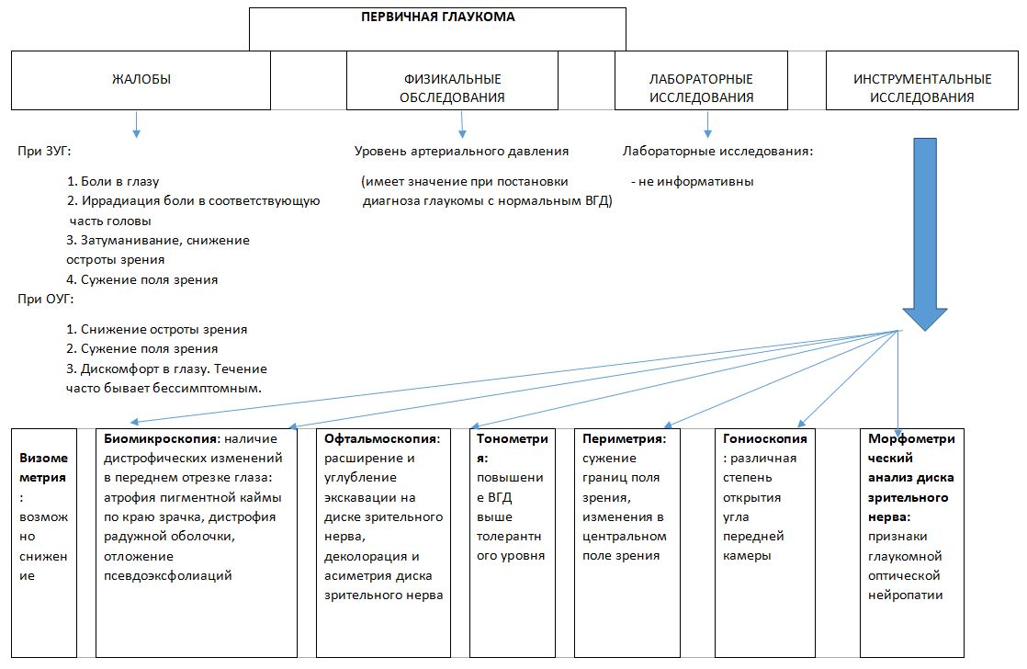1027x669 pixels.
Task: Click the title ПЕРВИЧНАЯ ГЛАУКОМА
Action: (x=437, y=17)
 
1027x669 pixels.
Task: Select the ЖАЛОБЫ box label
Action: (x=141, y=80)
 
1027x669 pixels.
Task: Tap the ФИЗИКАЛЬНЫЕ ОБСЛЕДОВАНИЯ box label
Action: (x=453, y=88)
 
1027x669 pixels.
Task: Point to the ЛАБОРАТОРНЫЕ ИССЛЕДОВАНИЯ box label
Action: (x=701, y=88)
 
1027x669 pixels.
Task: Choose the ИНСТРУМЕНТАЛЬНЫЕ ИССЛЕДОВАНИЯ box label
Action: (x=922, y=88)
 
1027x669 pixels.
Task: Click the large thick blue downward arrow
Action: (x=925, y=230)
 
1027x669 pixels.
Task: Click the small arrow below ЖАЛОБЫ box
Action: (x=136, y=124)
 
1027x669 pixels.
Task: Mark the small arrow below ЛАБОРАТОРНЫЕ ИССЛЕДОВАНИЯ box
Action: (x=707, y=124)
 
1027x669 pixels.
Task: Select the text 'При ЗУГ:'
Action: (x=42, y=151)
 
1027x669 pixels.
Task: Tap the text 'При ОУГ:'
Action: (x=42, y=299)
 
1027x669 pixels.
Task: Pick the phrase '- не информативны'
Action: (x=692, y=181)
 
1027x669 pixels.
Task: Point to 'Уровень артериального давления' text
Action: (x=462, y=151)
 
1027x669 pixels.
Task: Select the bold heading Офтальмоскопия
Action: (x=379, y=439)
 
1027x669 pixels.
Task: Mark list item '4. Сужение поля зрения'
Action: (x=142, y=279)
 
